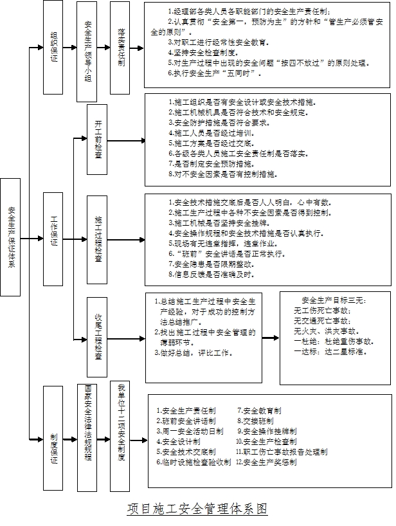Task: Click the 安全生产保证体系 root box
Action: [x=12, y=237]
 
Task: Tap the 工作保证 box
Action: [x=53, y=232]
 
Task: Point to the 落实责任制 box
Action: [x=121, y=48]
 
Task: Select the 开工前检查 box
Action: [x=97, y=139]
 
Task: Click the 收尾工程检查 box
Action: [x=97, y=335]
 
